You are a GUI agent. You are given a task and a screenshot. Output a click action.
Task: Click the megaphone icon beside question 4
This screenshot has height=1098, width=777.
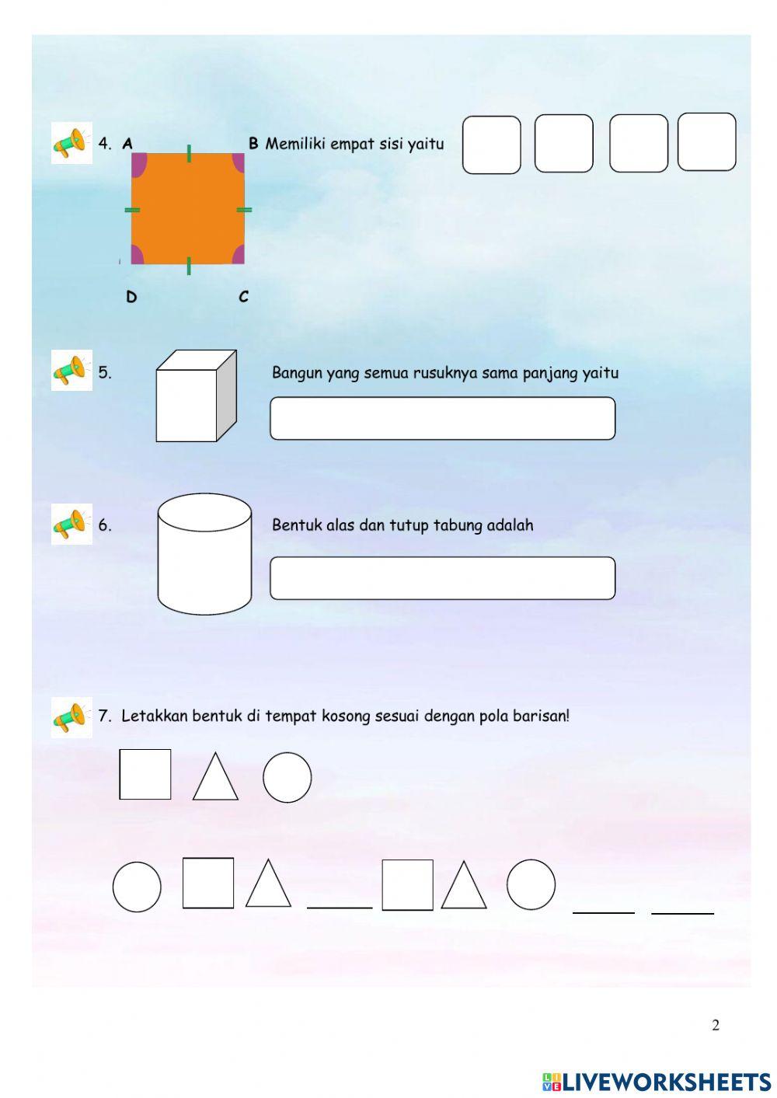71,143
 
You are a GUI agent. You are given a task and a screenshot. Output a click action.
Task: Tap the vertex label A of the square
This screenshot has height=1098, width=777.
127,144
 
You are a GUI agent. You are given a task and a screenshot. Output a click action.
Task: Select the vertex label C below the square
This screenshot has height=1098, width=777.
243,297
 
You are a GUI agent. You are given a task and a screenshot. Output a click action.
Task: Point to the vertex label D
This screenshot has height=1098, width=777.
131,297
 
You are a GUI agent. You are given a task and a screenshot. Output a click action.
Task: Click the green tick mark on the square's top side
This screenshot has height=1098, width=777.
189,153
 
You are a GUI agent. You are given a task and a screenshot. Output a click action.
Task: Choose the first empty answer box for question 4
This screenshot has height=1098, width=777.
491,145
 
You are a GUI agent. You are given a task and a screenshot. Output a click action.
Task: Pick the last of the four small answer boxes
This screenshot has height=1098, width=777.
706,142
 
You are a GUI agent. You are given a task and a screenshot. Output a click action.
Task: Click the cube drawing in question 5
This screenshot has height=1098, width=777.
195,396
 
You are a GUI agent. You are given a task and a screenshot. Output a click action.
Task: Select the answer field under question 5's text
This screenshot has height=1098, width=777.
442,419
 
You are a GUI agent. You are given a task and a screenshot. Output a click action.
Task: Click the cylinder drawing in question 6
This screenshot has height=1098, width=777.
204,553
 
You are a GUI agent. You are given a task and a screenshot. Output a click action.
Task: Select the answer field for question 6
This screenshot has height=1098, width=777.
442,578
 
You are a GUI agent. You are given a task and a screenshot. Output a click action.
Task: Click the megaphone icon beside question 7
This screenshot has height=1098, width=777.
71,717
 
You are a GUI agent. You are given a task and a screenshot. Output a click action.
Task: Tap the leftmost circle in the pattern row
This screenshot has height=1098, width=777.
137,887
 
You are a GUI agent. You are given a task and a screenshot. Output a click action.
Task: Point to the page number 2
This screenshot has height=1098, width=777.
716,1025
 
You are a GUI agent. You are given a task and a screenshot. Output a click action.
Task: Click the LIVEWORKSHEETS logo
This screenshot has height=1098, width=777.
657,1082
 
